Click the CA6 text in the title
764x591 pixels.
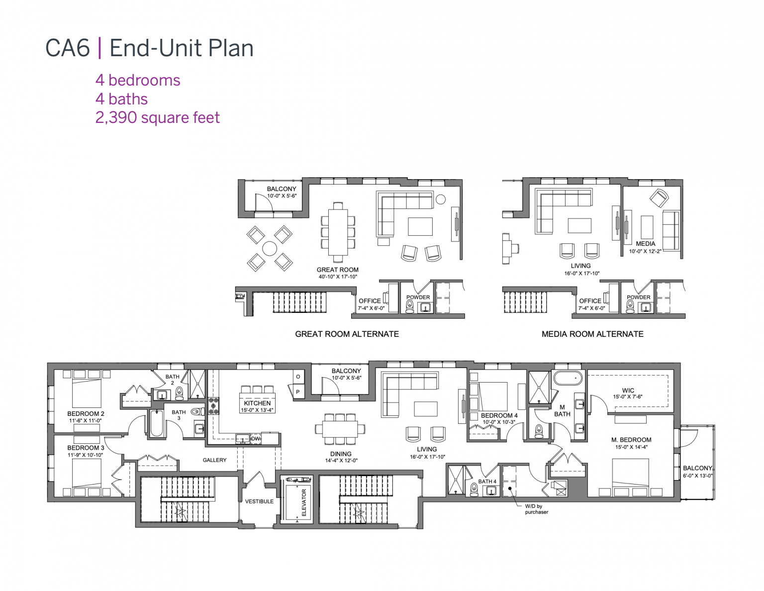(x=68, y=48)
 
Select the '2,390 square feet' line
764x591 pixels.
(x=157, y=118)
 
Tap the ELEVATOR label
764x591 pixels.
(x=304, y=502)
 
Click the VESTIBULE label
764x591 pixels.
(x=259, y=501)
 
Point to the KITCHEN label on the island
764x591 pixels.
(x=257, y=403)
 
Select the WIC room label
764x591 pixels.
(x=628, y=391)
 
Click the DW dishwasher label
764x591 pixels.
(x=256, y=439)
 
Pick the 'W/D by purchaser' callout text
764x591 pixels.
(x=536, y=509)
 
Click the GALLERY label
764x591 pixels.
(x=214, y=460)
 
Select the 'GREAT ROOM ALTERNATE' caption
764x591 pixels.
(x=347, y=334)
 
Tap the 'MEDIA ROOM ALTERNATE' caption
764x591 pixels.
(x=592, y=334)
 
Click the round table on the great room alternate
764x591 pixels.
(x=270, y=248)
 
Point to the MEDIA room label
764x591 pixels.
(x=645, y=244)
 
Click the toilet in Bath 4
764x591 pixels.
(x=474, y=491)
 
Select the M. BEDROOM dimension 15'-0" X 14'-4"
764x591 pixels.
(x=631, y=447)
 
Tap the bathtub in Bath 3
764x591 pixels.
(x=158, y=423)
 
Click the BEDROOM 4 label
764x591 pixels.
(x=499, y=415)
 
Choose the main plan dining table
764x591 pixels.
(x=340, y=429)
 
